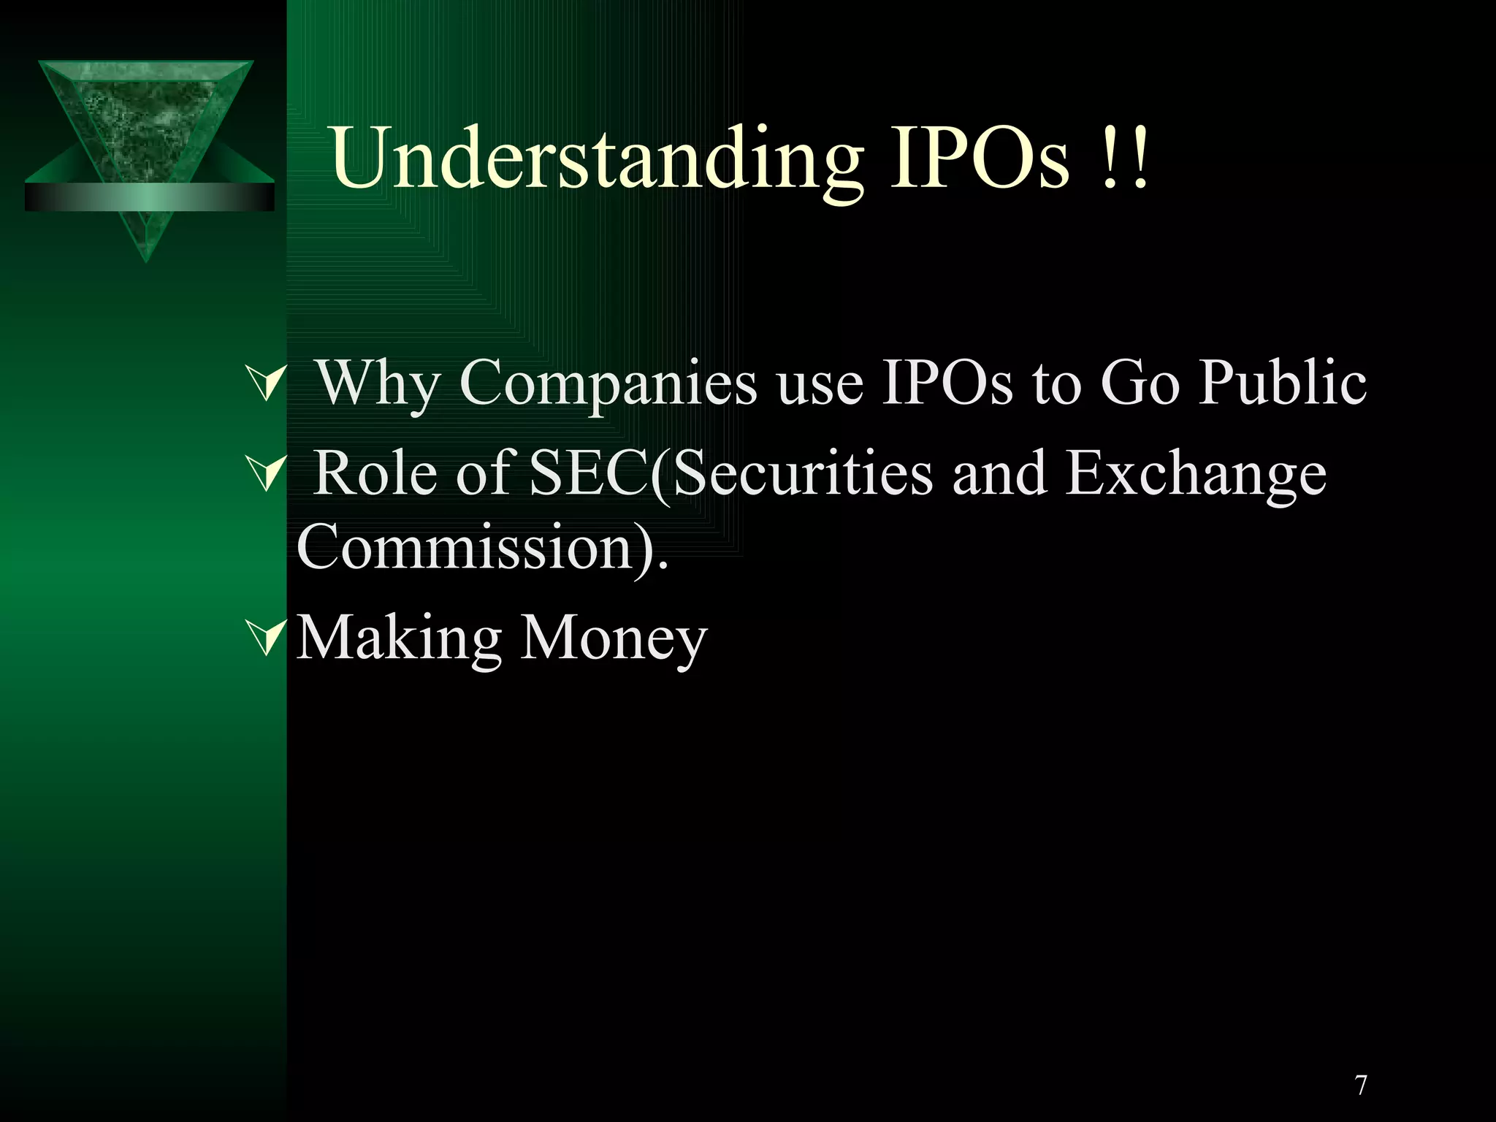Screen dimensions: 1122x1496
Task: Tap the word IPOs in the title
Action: point(980,157)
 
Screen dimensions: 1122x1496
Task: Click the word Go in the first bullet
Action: point(1140,383)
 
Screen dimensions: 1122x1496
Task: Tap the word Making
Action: point(399,638)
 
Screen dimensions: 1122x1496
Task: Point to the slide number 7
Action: point(1361,1085)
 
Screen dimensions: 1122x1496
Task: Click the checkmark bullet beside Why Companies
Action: point(264,383)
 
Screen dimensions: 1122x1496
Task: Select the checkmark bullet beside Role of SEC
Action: point(264,474)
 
